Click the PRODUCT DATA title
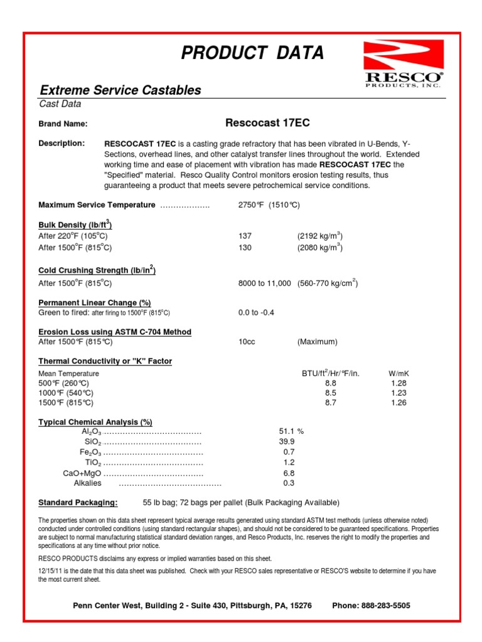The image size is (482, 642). pos(252,54)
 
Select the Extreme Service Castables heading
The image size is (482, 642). pos(120,90)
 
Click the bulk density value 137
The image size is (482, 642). pos(245,236)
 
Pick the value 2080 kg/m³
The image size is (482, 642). pos(319,248)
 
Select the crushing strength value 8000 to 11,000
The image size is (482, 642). pos(264,283)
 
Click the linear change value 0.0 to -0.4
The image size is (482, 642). pos(257,312)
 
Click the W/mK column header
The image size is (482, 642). pos(399,374)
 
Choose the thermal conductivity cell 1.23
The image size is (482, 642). pos(399,393)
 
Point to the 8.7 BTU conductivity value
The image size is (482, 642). pos(331,403)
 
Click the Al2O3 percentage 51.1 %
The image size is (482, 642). pos(291,431)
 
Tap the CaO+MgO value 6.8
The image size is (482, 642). pos(289,473)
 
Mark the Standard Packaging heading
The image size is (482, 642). pos(78,503)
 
